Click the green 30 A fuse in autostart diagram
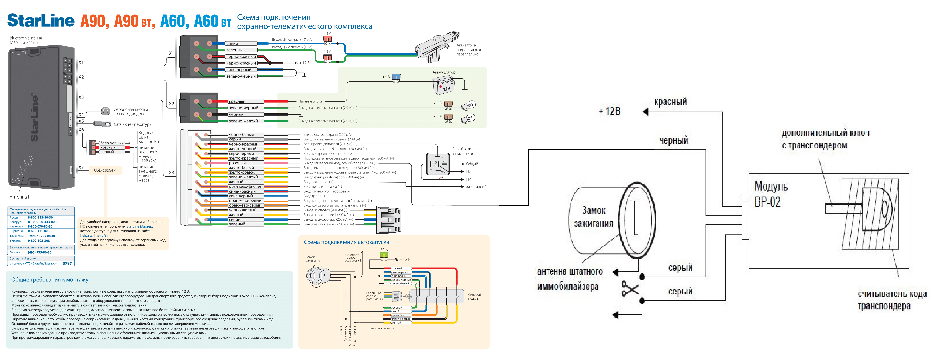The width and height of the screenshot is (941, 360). pyautogui.click(x=384, y=255)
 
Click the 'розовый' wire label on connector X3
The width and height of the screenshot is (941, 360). pyautogui.click(x=237, y=163)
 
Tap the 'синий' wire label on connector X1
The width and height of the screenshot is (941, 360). pyautogui.click(x=232, y=43)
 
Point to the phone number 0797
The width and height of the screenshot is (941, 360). pyautogui.click(x=67, y=263)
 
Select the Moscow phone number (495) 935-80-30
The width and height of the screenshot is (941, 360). pyautogui.click(x=40, y=252)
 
